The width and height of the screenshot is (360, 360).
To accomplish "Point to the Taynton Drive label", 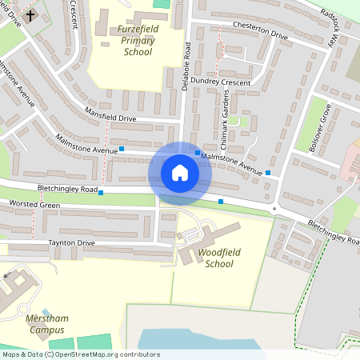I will [x=71, y=242].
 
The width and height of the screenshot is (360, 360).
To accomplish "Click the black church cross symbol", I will [x=30, y=15].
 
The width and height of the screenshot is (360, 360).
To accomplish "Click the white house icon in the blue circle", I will [x=180, y=173].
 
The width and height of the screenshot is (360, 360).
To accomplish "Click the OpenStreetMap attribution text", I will [x=80, y=354].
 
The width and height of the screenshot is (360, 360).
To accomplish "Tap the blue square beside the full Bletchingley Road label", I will [x=101, y=193].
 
